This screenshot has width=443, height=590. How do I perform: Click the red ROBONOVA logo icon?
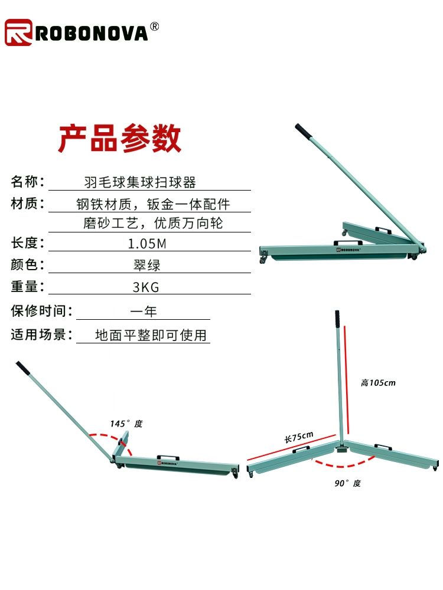(x=18, y=32)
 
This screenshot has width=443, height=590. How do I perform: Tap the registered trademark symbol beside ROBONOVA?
(x=154, y=27)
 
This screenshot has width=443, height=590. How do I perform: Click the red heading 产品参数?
(x=120, y=138)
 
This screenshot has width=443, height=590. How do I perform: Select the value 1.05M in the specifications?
(x=147, y=244)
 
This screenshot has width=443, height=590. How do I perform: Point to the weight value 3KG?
(x=146, y=287)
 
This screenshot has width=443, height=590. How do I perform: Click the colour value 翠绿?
(x=147, y=265)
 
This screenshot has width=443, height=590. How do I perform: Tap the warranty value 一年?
(x=144, y=311)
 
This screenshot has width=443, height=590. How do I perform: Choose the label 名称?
(x=28, y=181)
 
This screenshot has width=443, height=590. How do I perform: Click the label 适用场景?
(x=42, y=334)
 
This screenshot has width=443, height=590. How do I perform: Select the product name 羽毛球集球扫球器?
(x=140, y=182)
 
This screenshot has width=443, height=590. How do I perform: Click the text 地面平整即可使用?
(x=151, y=335)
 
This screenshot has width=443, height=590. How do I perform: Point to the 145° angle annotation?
(x=126, y=424)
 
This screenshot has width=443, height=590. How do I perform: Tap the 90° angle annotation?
(x=348, y=483)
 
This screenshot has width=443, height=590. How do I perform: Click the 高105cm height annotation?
(x=378, y=383)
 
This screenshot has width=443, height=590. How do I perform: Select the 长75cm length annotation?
(x=299, y=437)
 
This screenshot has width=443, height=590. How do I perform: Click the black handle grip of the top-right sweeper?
(x=303, y=131)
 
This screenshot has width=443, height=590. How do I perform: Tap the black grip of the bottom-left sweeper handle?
(x=22, y=368)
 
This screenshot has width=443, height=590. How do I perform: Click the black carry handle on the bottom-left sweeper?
(x=168, y=458)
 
